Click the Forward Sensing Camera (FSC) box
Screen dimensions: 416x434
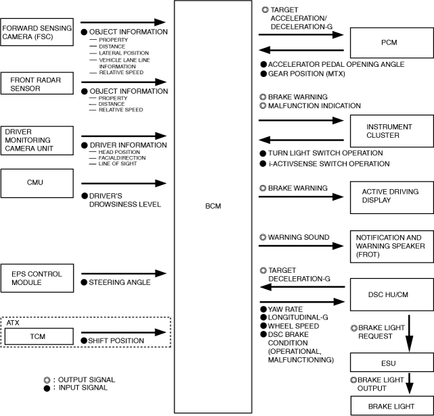click(x=37, y=32)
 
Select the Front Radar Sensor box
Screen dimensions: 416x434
click(x=37, y=84)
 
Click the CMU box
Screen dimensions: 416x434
click(x=37, y=182)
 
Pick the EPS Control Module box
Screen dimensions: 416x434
click(x=37, y=278)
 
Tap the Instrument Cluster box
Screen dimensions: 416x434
click(x=389, y=130)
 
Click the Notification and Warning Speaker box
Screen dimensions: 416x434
click(x=389, y=246)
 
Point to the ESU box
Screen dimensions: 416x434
click(x=389, y=363)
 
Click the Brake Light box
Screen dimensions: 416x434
click(x=389, y=406)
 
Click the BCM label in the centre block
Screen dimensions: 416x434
click(x=214, y=205)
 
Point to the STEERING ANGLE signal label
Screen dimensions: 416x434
click(x=114, y=283)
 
